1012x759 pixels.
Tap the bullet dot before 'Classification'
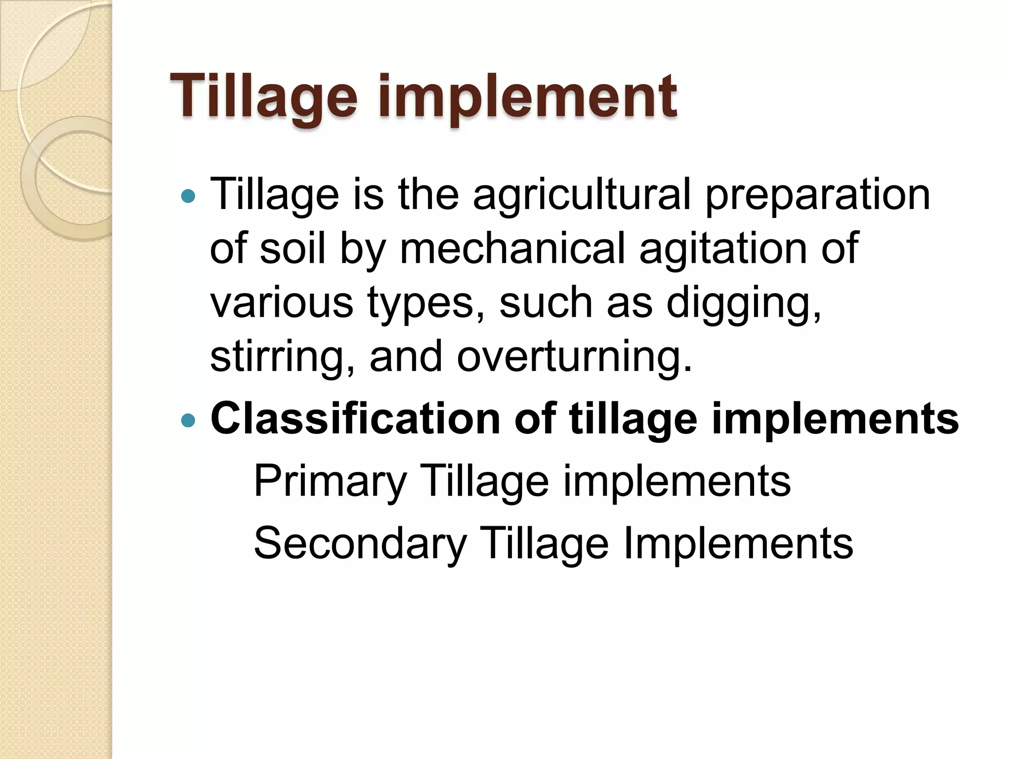click(x=188, y=421)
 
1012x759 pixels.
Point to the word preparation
click(x=817, y=195)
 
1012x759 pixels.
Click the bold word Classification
click(x=355, y=419)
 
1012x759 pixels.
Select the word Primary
click(x=330, y=482)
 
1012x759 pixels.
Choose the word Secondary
click(x=360, y=543)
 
